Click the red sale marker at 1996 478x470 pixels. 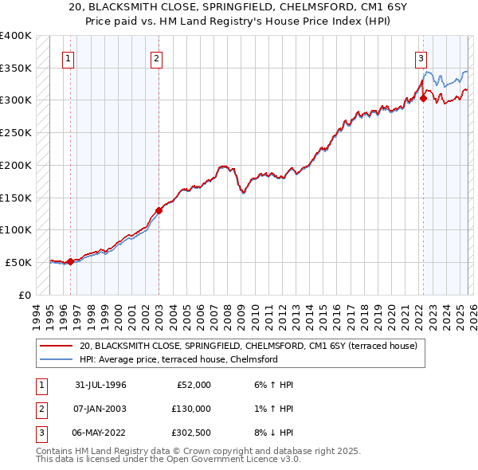[x=71, y=260]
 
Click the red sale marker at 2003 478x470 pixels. [x=159, y=210]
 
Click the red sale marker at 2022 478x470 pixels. [x=423, y=99]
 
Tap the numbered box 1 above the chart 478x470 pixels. [x=69, y=57]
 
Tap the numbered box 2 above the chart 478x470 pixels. [x=156, y=57]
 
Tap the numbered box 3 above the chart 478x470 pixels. [x=420, y=57]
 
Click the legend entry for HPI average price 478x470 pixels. [x=178, y=359]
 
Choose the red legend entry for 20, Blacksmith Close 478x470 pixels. [x=253, y=346]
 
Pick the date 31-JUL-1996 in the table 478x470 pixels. [x=100, y=385]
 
